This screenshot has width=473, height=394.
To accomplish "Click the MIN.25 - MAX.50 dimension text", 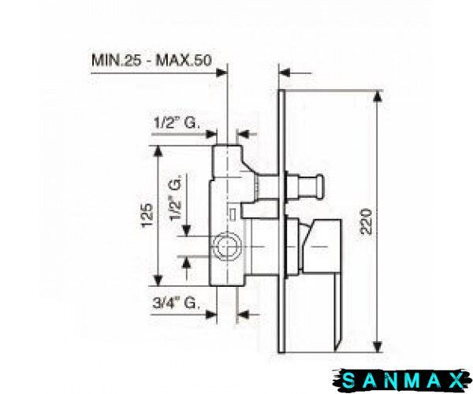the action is click(x=151, y=61).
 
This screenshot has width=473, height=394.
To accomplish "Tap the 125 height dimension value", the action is click(x=147, y=216).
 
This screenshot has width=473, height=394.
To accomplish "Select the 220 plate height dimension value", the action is click(x=367, y=221).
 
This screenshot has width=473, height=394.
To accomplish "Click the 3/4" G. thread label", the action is click(x=176, y=303).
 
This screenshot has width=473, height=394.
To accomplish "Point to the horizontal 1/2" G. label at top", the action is click(x=177, y=123).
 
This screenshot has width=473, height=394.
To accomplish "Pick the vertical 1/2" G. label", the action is click(x=175, y=198).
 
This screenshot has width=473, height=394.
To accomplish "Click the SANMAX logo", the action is click(x=402, y=381).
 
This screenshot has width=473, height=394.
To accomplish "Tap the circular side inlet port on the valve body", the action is click(x=227, y=247).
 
